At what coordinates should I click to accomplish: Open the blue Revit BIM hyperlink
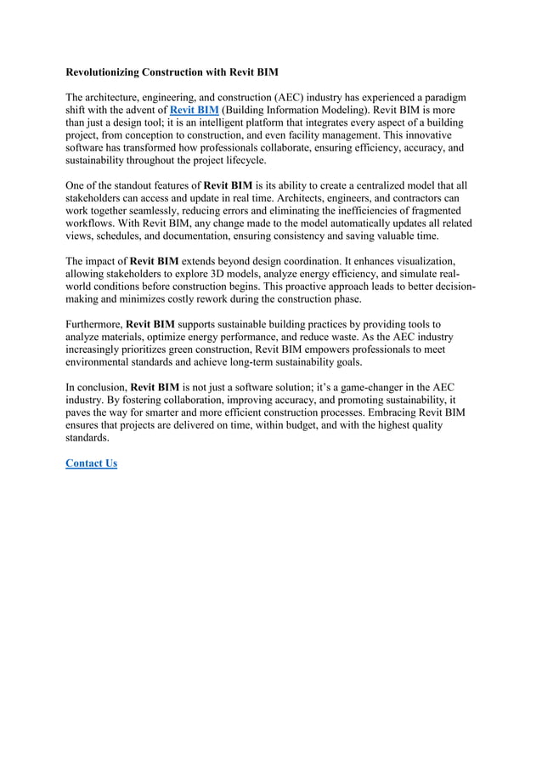coord(194,111)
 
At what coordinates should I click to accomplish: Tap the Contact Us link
coord(91,463)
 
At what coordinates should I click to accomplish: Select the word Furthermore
coord(93,325)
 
